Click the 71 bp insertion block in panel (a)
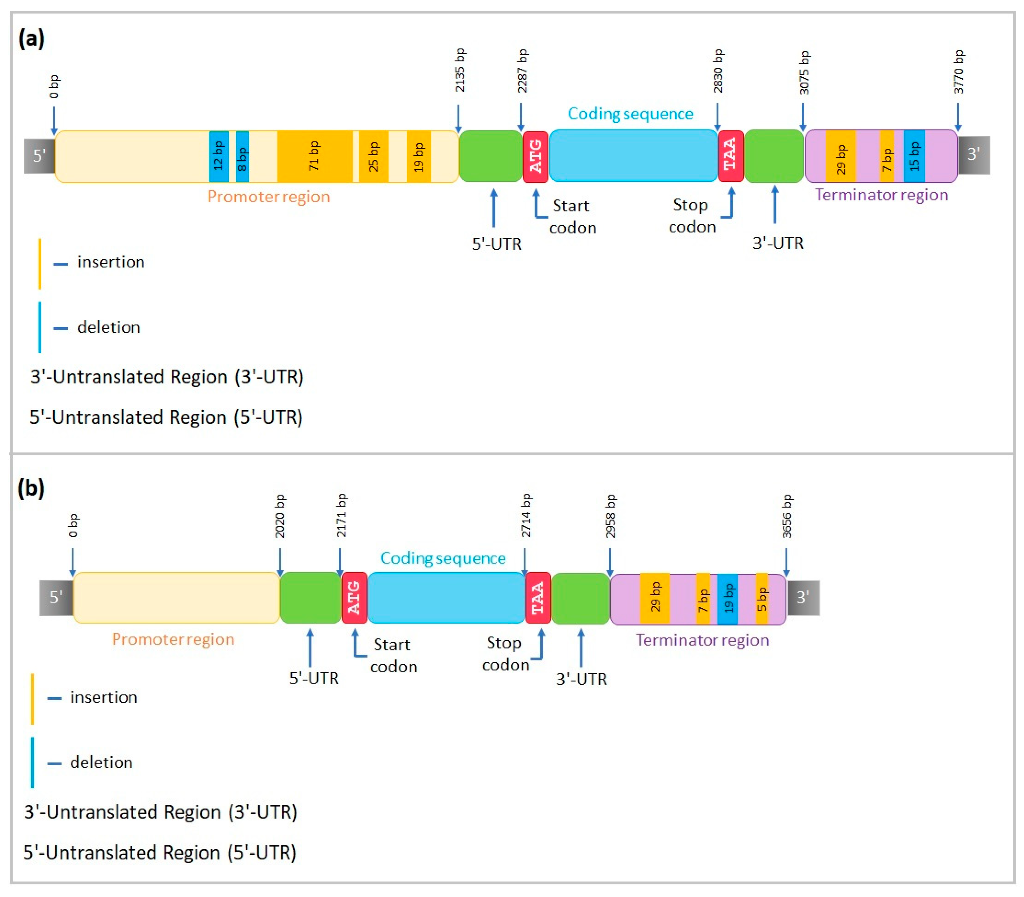[314, 156]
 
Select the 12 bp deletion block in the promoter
[219, 156]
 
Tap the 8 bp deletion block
[242, 156]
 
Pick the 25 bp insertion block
[373, 156]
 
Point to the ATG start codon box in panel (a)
[535, 156]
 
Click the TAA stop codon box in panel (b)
[538, 598]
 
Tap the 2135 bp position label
[459, 70]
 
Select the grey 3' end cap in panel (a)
[973, 155]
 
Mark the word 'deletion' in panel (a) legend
[108, 327]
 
